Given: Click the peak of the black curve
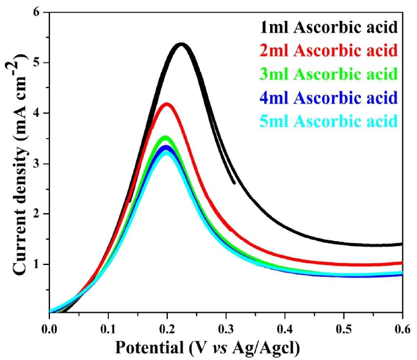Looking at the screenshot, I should coord(181,44).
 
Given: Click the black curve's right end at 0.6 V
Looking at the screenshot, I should coord(401,244).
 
